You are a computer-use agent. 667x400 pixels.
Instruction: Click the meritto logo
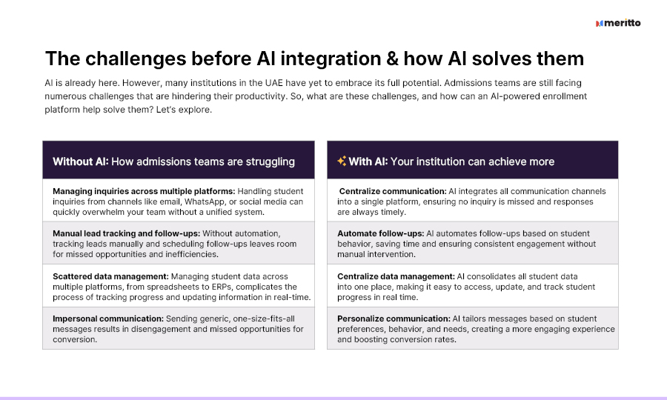(618, 23)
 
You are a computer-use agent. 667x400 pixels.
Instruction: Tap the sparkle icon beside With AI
(342, 161)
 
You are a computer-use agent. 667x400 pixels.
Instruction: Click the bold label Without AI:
(81, 161)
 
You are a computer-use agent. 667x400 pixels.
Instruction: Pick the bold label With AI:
(368, 161)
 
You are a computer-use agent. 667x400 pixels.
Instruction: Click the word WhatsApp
(205, 201)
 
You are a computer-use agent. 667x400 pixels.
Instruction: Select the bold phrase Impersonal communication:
(108, 319)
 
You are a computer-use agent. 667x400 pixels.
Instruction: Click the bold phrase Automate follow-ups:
(381, 233)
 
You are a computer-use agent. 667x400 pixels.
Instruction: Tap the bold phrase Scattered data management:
(110, 276)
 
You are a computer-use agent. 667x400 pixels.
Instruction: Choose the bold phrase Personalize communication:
(394, 319)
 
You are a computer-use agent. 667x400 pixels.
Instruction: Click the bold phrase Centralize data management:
(396, 276)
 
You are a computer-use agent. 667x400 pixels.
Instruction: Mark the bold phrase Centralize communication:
(393, 191)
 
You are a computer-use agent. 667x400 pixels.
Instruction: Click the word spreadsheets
(173, 287)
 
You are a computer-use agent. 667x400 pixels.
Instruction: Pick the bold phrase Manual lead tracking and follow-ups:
(126, 233)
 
